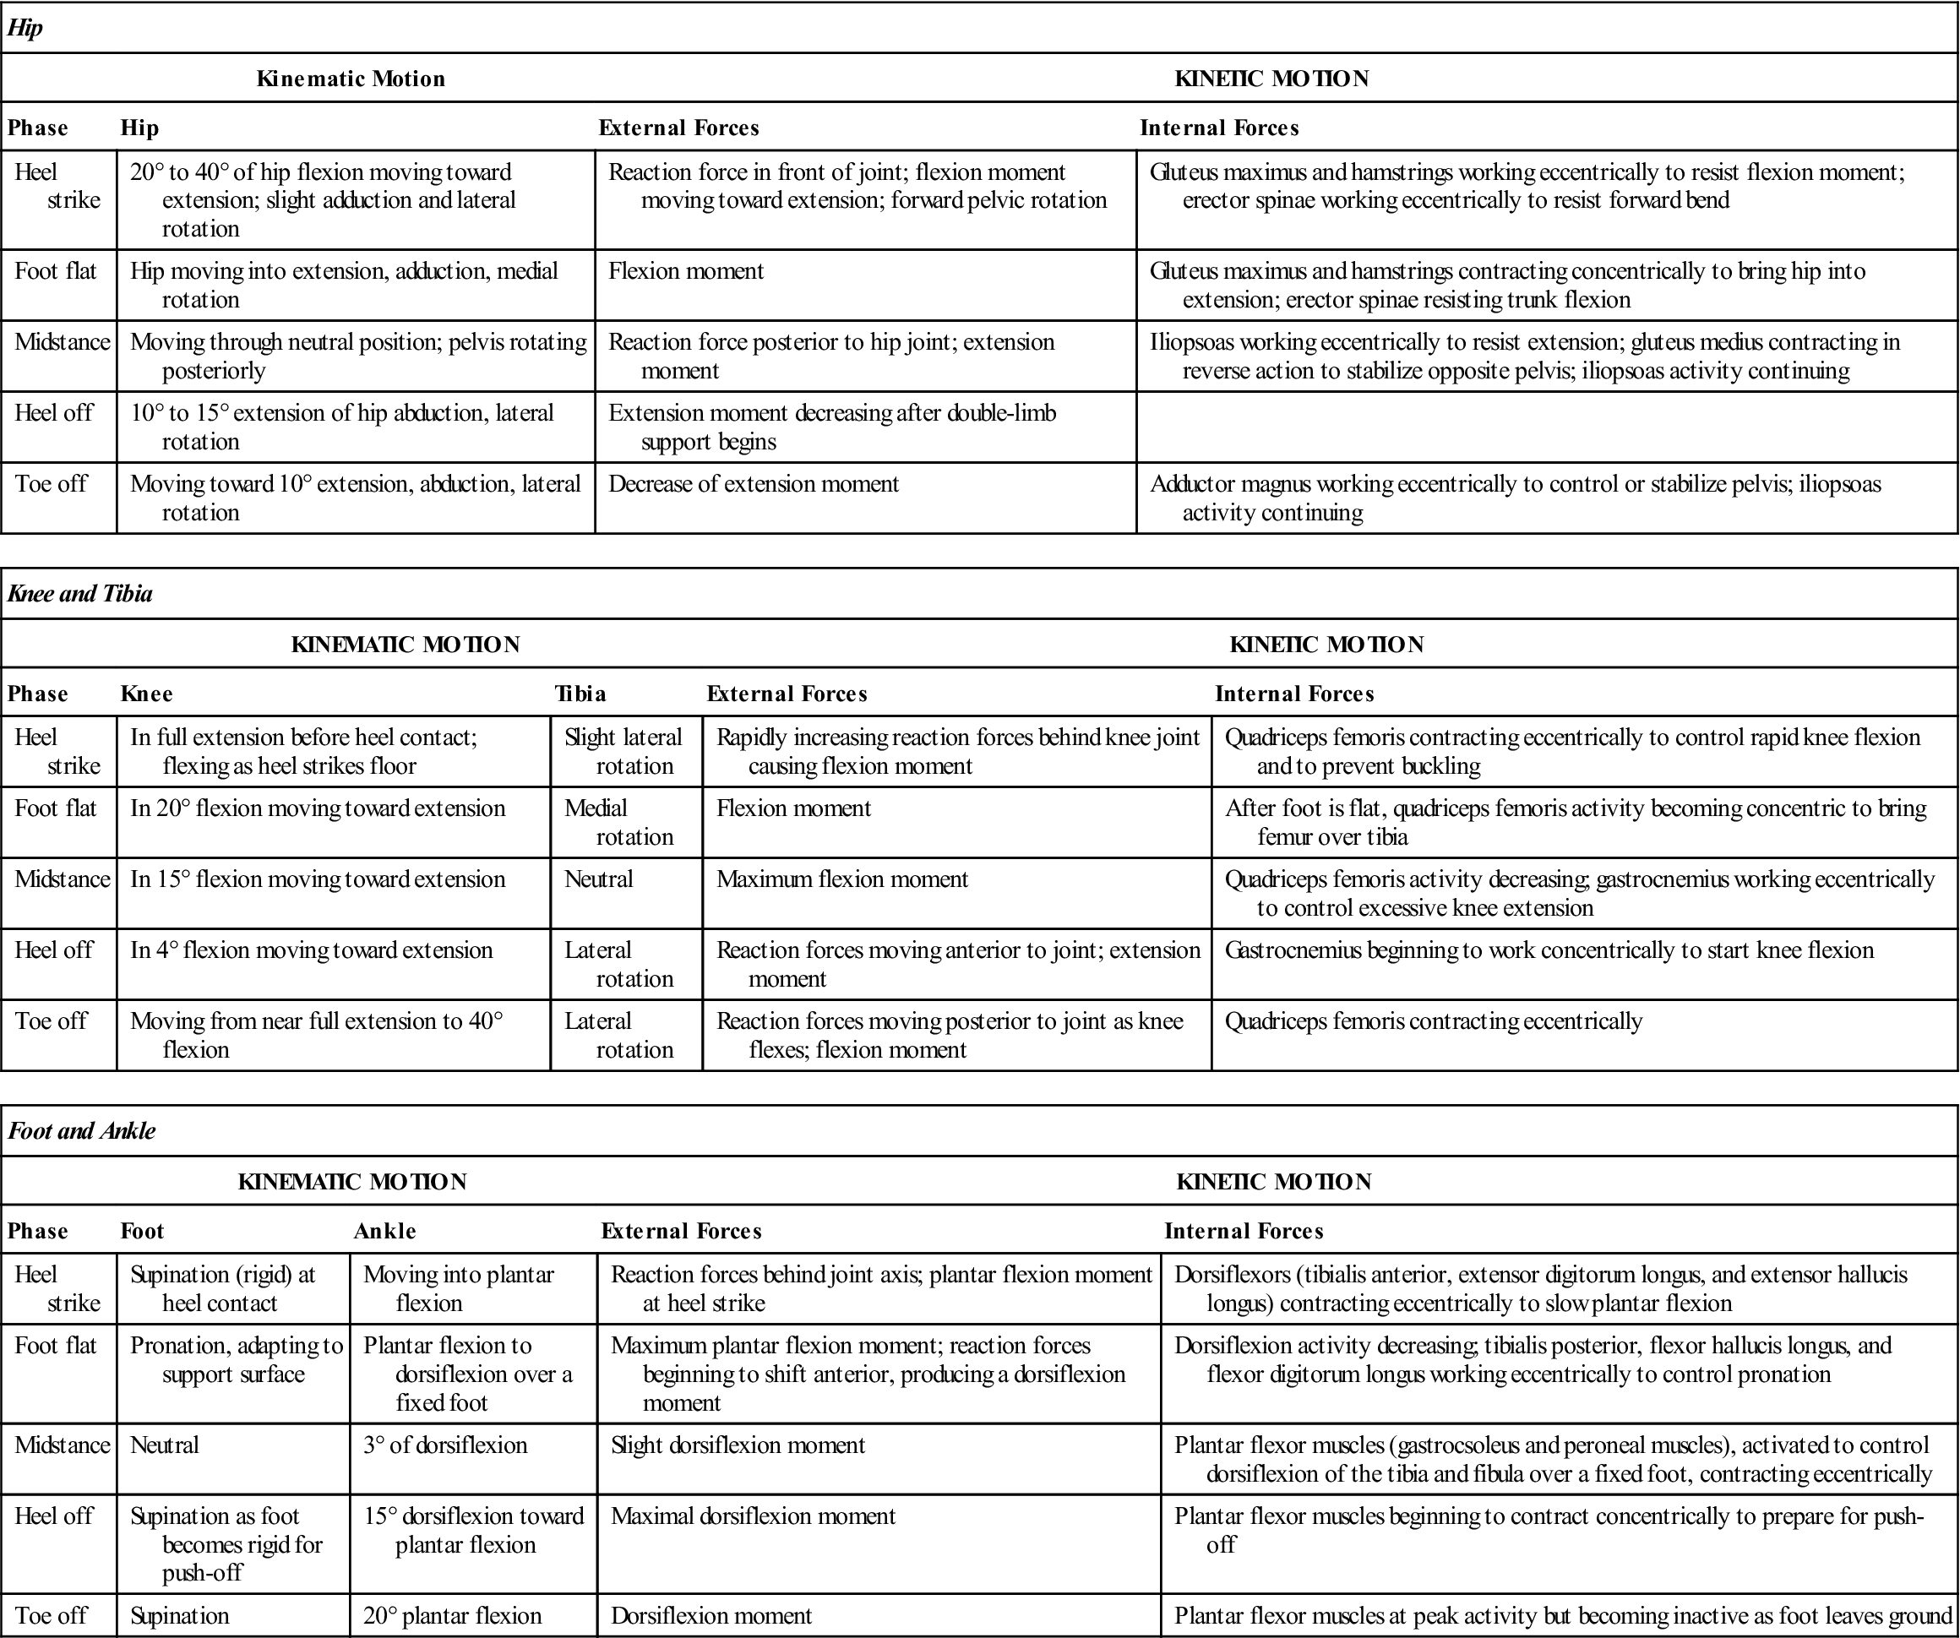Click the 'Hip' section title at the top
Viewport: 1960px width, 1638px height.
click(25, 28)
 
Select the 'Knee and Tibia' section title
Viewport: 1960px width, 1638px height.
click(79, 594)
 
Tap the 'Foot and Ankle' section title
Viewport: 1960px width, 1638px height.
click(82, 1131)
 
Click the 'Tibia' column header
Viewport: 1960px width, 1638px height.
click(580, 694)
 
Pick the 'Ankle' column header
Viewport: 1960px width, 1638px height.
click(384, 1231)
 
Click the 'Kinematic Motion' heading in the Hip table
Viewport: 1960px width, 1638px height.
click(351, 79)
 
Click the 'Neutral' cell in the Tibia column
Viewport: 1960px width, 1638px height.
click(598, 879)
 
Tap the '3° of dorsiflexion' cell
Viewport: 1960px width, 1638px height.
click(445, 1445)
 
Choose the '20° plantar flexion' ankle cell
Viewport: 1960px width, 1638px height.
click(452, 1615)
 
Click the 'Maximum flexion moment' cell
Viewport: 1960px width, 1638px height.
click(841, 879)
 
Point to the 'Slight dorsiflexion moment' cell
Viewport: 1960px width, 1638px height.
click(738, 1445)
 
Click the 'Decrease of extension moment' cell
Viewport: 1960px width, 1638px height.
click(754, 483)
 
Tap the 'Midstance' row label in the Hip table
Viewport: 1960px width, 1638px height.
click(62, 341)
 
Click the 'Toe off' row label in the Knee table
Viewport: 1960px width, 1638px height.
click(52, 1021)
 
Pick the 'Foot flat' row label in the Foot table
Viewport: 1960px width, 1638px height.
click(56, 1345)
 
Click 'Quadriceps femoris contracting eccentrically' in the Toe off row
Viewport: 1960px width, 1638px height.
click(1433, 1021)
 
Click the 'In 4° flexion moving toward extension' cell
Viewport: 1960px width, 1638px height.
click(312, 950)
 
